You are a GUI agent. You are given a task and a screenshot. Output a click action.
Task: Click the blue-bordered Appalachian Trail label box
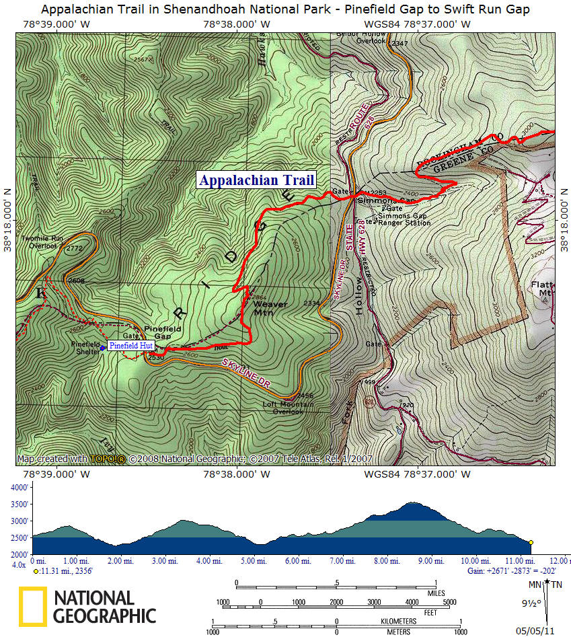(x=256, y=180)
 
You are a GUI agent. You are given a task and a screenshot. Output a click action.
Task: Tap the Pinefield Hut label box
(x=131, y=346)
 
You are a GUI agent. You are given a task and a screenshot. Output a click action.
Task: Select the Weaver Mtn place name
(x=270, y=308)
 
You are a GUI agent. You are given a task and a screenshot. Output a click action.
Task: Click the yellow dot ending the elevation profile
(x=531, y=542)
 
